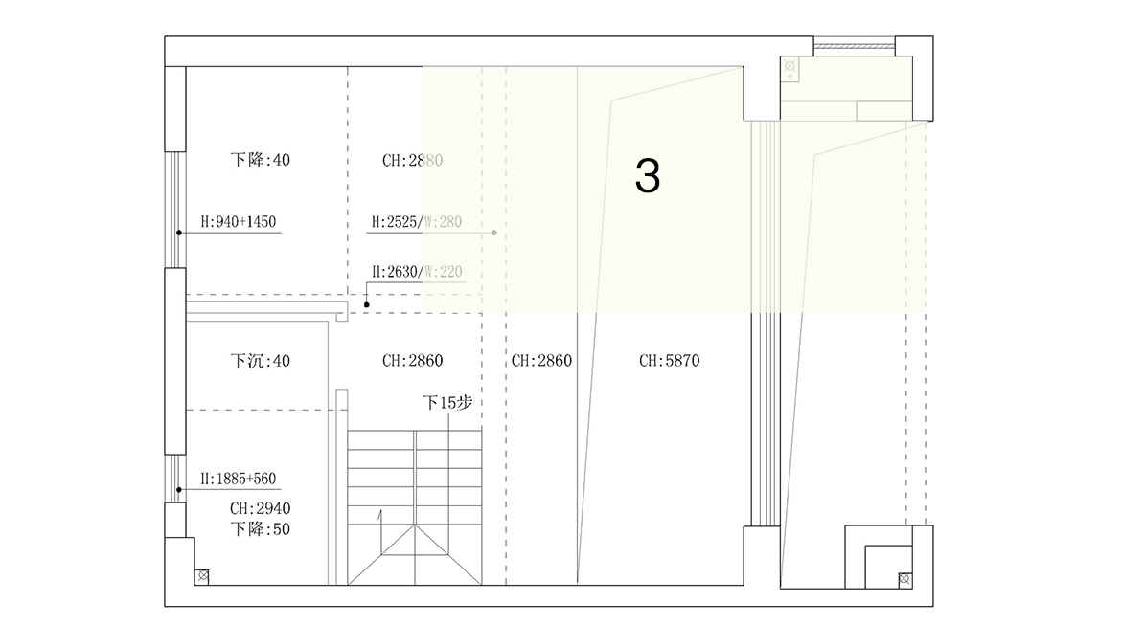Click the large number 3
coord(647,176)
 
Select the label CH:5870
coord(669,361)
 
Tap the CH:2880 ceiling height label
coord(413,161)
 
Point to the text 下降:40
coord(261,160)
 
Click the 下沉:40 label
coord(261,361)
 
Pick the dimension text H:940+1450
coord(238,222)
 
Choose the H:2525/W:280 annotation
coord(417,222)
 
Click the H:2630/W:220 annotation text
coord(417,272)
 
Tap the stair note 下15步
coord(447,403)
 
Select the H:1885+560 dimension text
coord(238,479)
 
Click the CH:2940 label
coord(261,508)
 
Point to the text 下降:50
coord(261,529)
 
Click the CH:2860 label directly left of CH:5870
coord(541,361)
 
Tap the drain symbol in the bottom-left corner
coord(202,576)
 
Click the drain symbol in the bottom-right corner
coord(904,579)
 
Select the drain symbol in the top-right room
coord(790,66)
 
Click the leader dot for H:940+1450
coord(179,233)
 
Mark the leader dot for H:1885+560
coord(179,490)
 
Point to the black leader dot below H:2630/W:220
coord(367,305)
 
